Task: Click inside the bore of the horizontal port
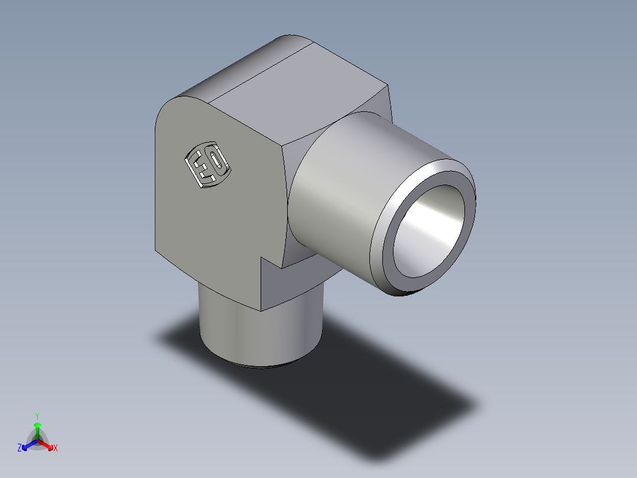click(428, 231)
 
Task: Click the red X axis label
click(56, 448)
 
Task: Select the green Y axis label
click(37, 416)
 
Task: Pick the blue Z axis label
click(19, 448)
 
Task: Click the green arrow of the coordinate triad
click(37, 428)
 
